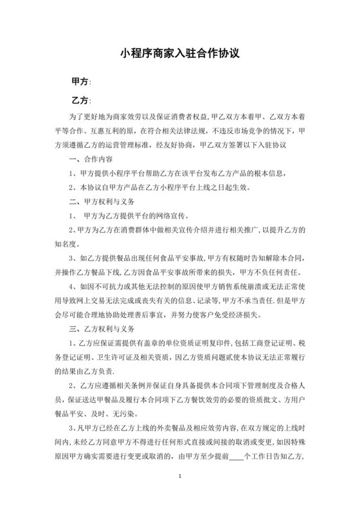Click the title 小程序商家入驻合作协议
(180, 54)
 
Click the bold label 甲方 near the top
(79, 82)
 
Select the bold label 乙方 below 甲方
(79, 101)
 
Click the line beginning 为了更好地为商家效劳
(186, 118)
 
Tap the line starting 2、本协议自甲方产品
(163, 188)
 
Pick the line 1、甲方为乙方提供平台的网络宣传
(129, 216)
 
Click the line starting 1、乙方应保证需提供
(186, 344)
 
